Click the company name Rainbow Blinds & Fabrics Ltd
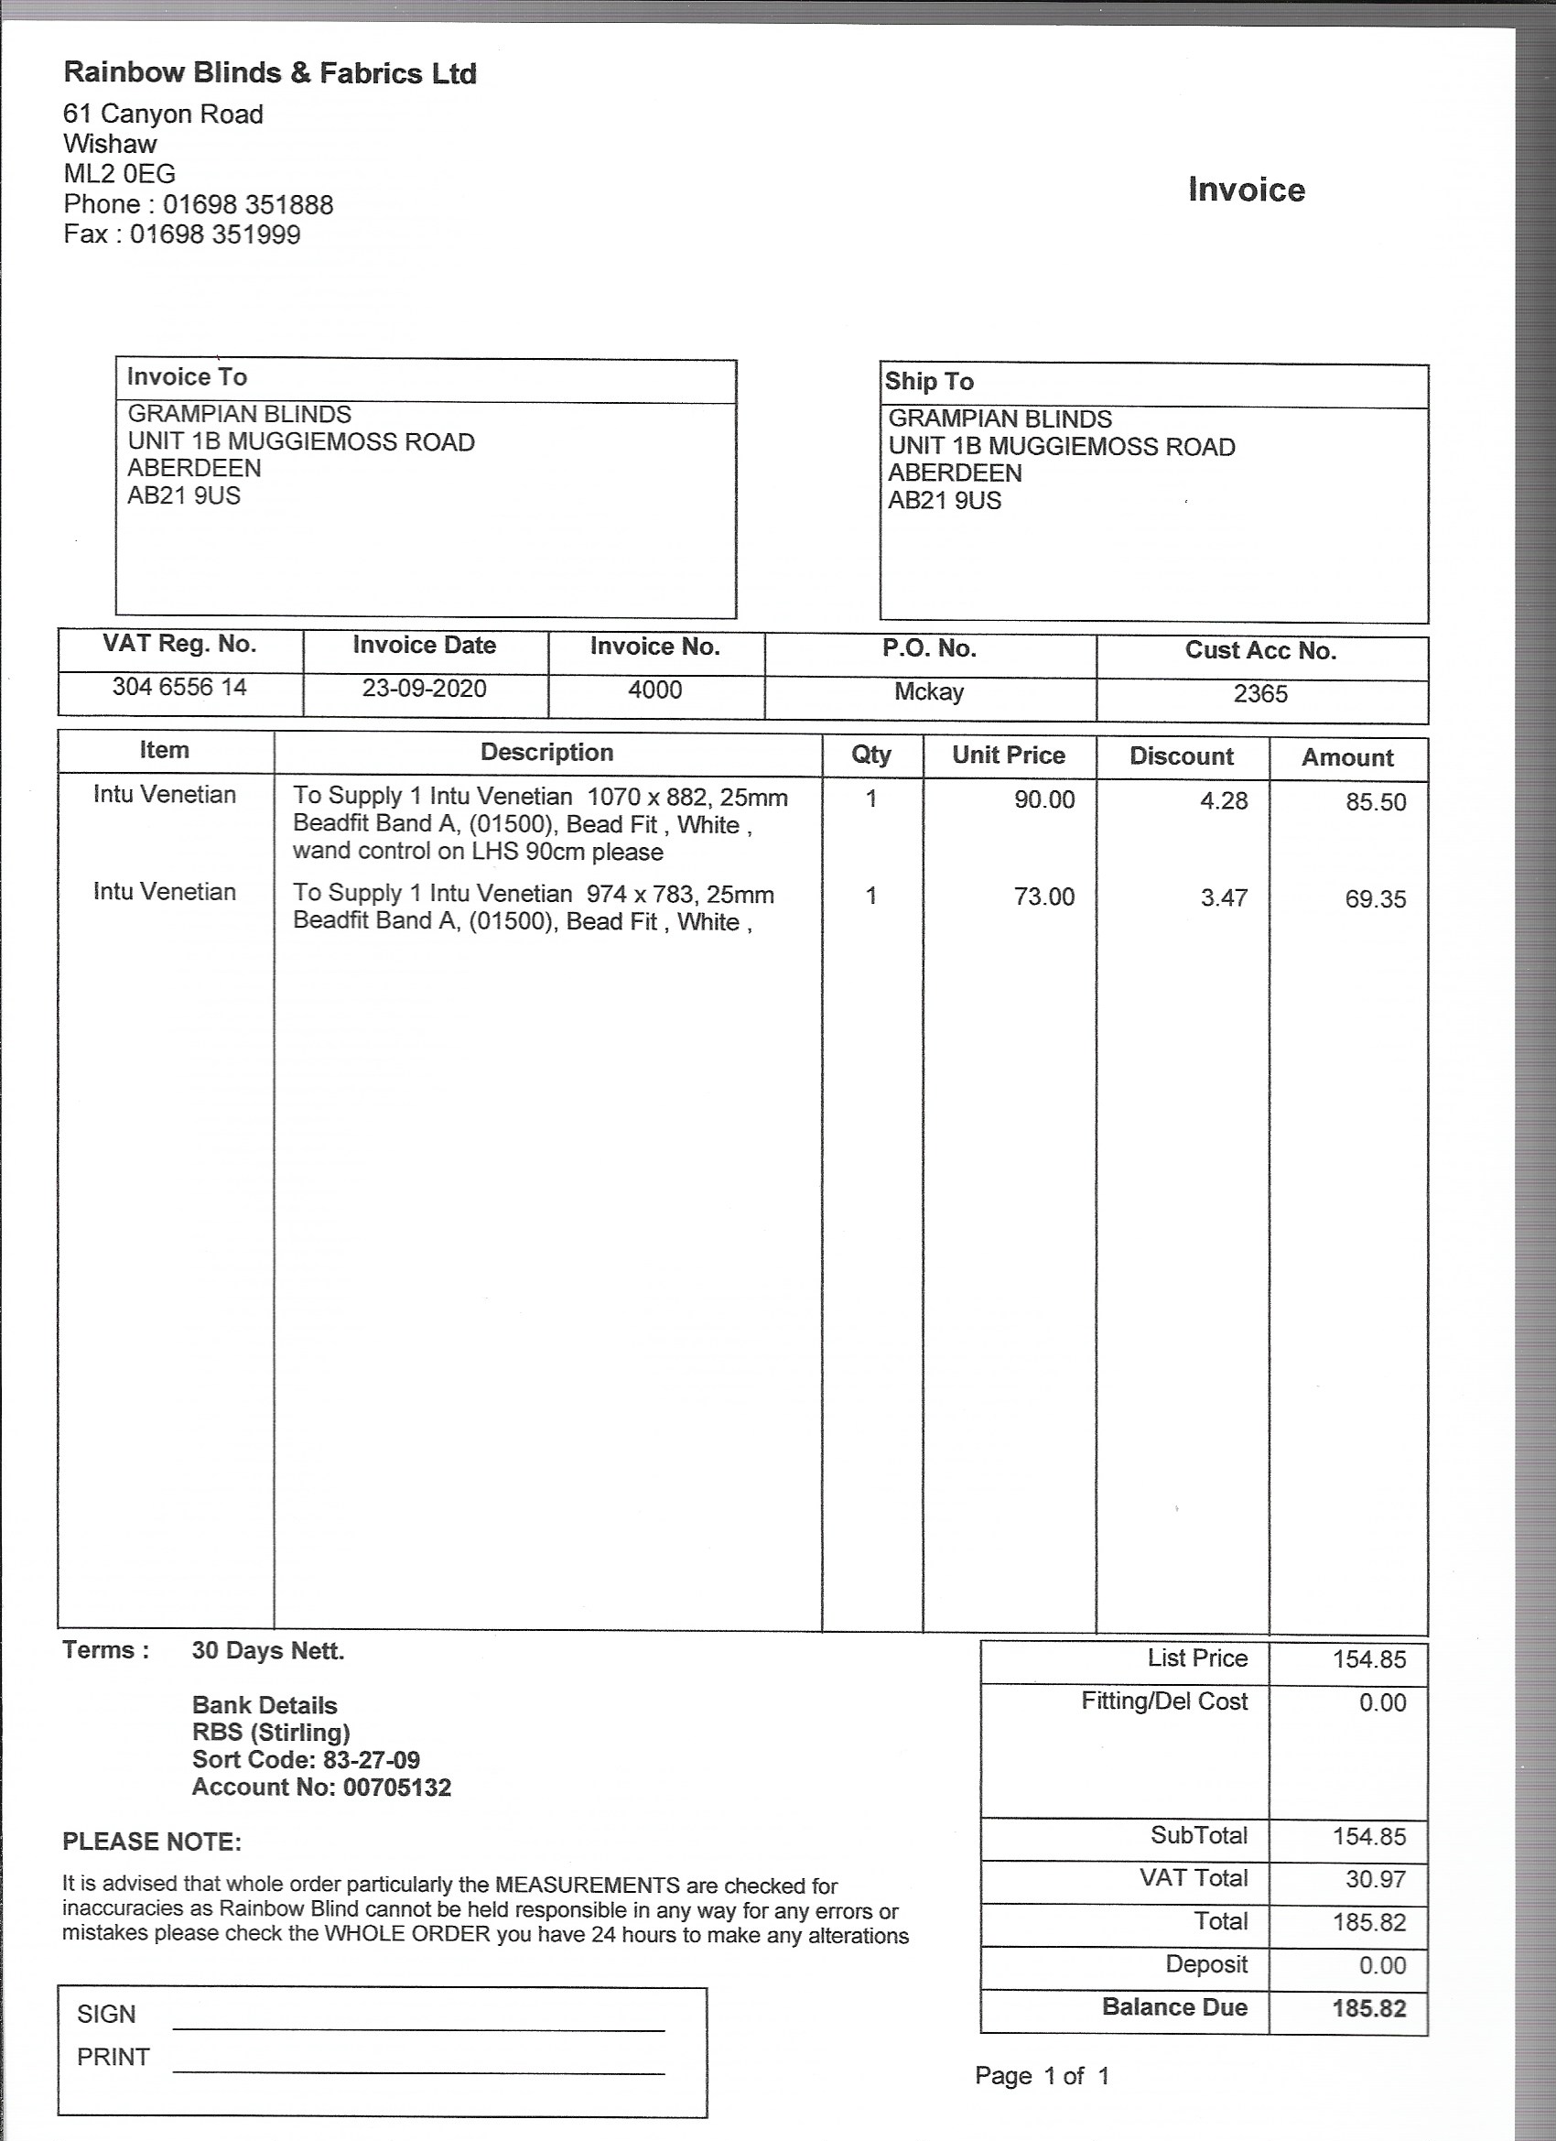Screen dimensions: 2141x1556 [x=270, y=73]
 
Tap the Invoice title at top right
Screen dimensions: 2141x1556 [x=1246, y=190]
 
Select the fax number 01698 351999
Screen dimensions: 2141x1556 [x=215, y=235]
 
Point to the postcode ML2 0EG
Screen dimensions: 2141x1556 [x=119, y=174]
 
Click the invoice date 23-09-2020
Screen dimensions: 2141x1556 [x=424, y=689]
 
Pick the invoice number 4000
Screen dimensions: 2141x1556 [x=654, y=690]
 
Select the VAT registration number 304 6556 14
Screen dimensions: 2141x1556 [x=179, y=686]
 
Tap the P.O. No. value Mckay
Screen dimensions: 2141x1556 [x=928, y=692]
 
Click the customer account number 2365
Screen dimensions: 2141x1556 [x=1259, y=694]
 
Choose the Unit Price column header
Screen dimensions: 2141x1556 [x=1008, y=755]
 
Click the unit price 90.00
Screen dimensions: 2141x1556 [x=1043, y=799]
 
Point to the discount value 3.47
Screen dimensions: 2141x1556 [x=1223, y=897]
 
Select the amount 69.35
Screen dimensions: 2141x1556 [x=1375, y=898]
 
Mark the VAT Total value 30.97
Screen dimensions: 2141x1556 [x=1375, y=1878]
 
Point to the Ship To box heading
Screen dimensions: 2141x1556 [x=928, y=381]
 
